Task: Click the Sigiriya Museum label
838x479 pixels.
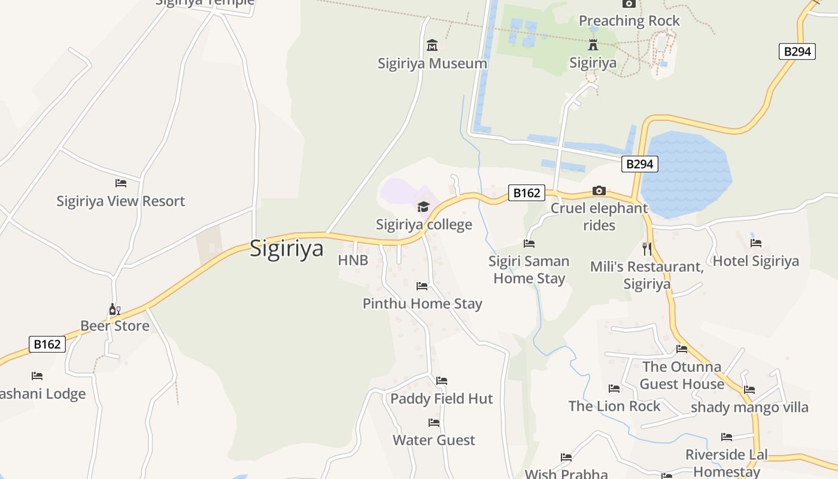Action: pos(432,63)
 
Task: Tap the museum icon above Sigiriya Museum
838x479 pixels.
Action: pos(432,45)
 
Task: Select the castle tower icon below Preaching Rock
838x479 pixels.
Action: pos(593,45)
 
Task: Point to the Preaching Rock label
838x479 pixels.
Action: pos(629,21)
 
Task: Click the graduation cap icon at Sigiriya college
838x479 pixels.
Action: pos(424,207)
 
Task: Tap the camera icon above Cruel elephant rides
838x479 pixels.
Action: pos(599,191)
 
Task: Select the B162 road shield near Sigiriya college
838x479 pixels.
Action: pos(527,193)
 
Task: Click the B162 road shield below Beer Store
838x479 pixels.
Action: pos(47,344)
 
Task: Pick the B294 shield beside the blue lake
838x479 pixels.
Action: pos(640,164)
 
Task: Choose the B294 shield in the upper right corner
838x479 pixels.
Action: pos(798,51)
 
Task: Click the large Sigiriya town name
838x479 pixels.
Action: pos(286,248)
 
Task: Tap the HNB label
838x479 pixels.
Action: pos(353,260)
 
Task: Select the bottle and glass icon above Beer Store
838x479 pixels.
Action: pos(114,309)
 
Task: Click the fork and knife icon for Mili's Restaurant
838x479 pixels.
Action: pos(646,248)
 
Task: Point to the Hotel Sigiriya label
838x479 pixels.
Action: pos(755,261)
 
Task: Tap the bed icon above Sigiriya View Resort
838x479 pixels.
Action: pos(121,183)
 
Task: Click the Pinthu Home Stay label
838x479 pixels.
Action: pos(422,304)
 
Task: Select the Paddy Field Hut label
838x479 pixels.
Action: pos(442,399)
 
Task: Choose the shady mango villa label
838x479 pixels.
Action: pos(749,408)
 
